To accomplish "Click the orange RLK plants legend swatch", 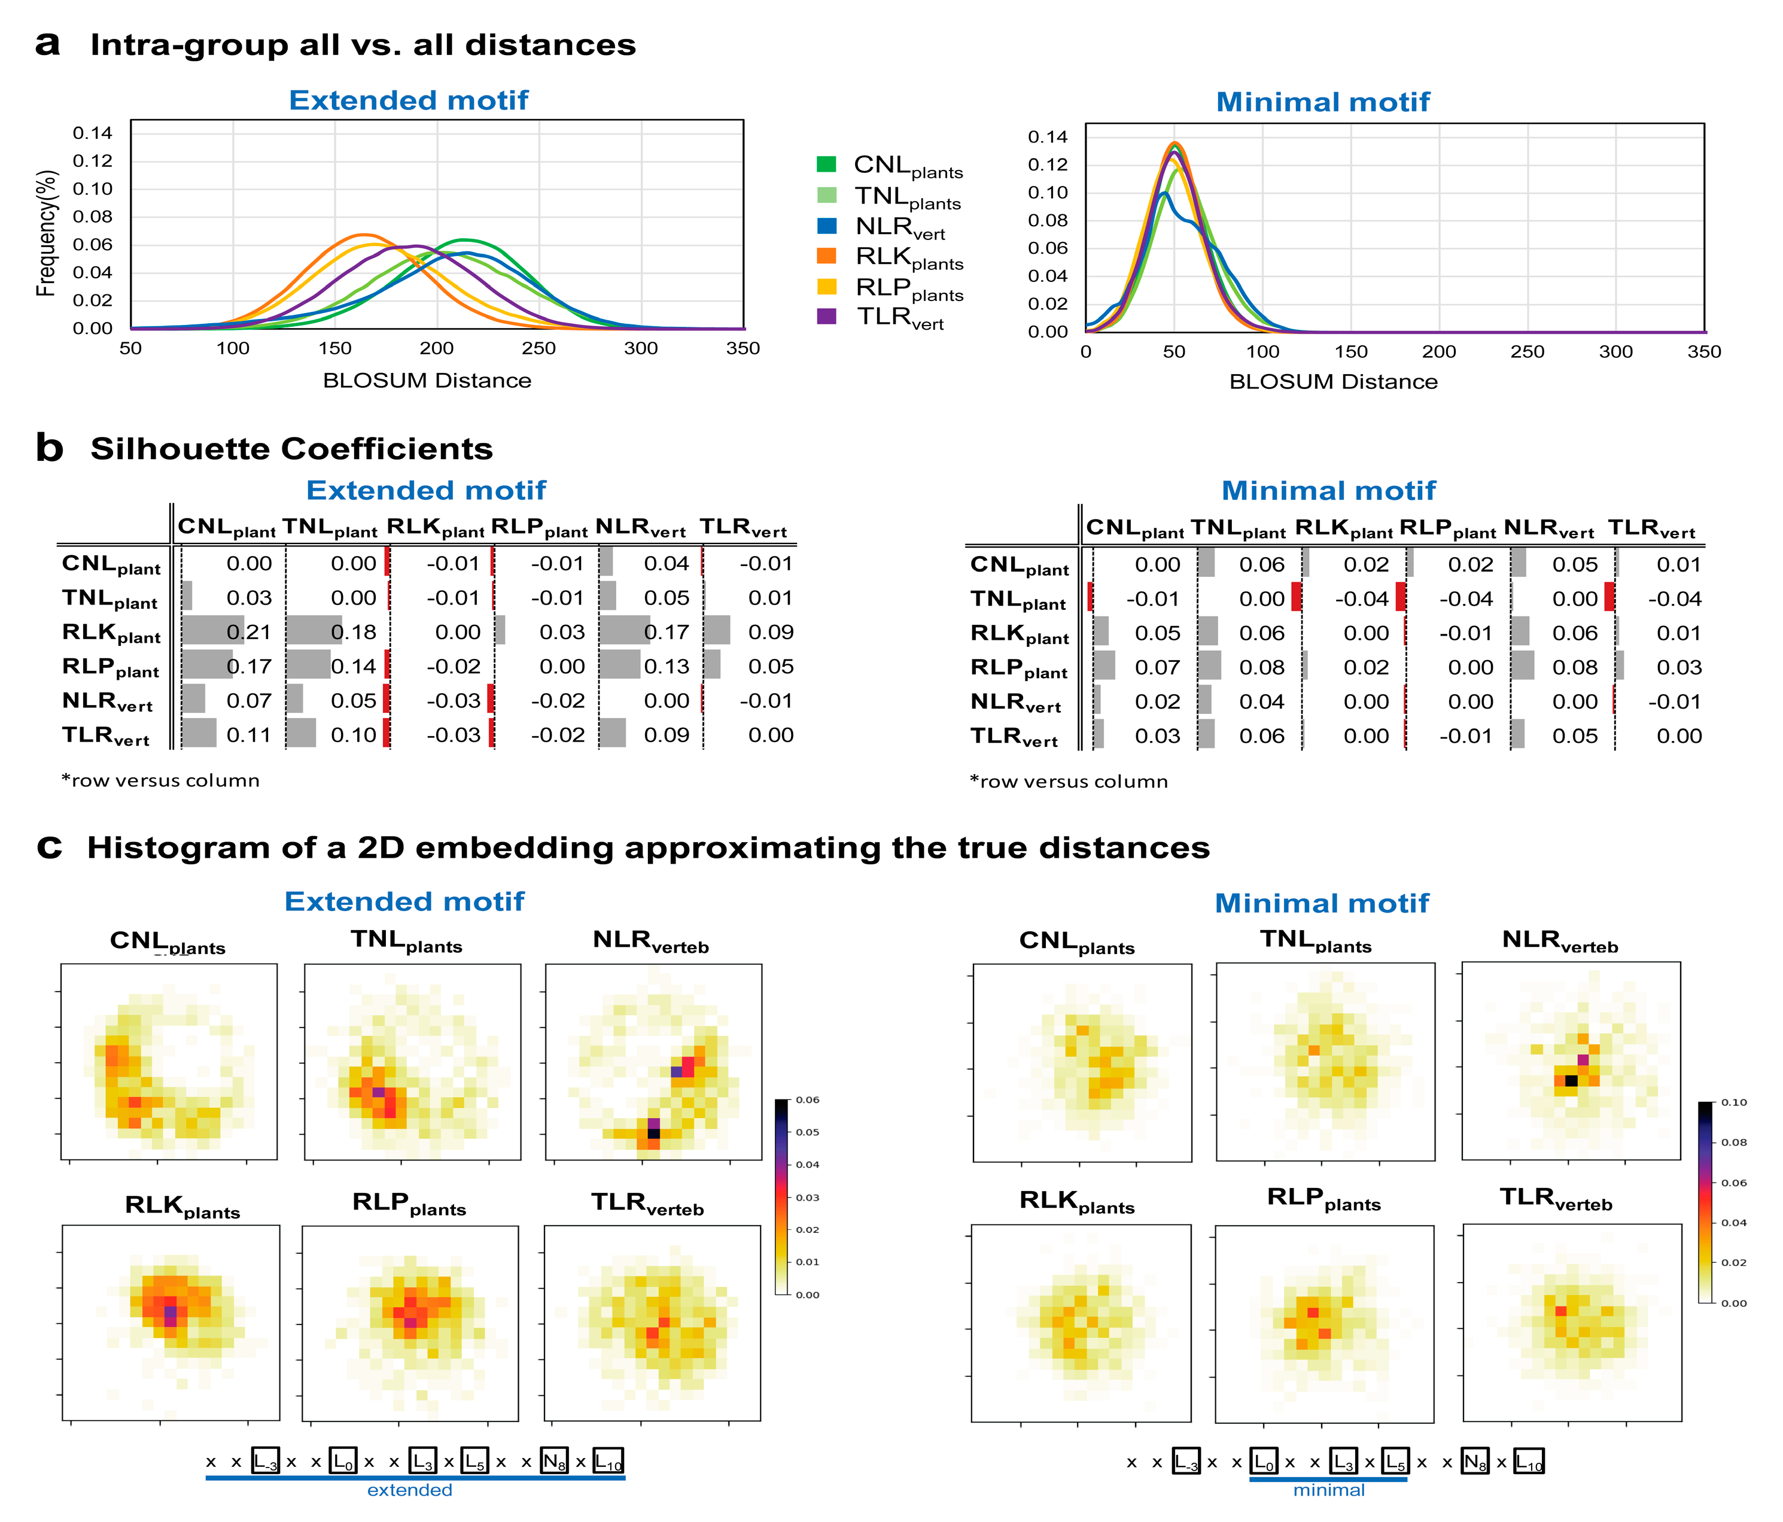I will point(826,256).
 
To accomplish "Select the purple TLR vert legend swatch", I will point(826,316).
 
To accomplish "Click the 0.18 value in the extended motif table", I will point(354,632).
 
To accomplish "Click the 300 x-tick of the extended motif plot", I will point(641,348).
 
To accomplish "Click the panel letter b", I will point(49,448).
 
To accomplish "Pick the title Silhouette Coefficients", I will point(292,448).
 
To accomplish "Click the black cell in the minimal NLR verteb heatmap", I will point(1571,1080).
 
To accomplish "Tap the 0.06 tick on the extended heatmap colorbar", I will point(807,1100).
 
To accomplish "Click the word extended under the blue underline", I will point(410,1490).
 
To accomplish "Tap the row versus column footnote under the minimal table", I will point(1069,782).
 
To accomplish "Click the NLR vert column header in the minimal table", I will point(1548,528).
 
